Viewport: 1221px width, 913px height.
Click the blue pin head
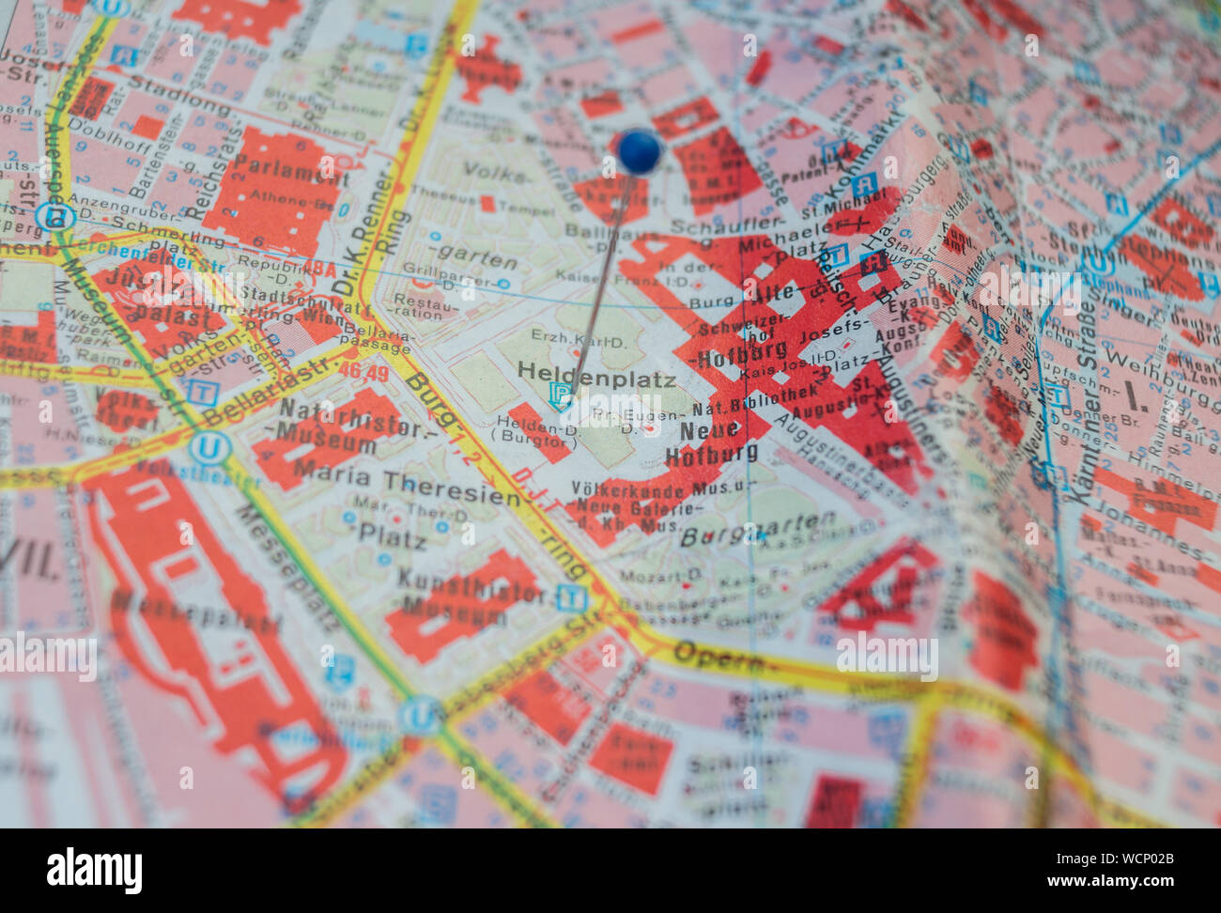[640, 150]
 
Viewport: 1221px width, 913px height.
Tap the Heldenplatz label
[596, 379]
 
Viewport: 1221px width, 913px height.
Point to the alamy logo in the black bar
[94, 870]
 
